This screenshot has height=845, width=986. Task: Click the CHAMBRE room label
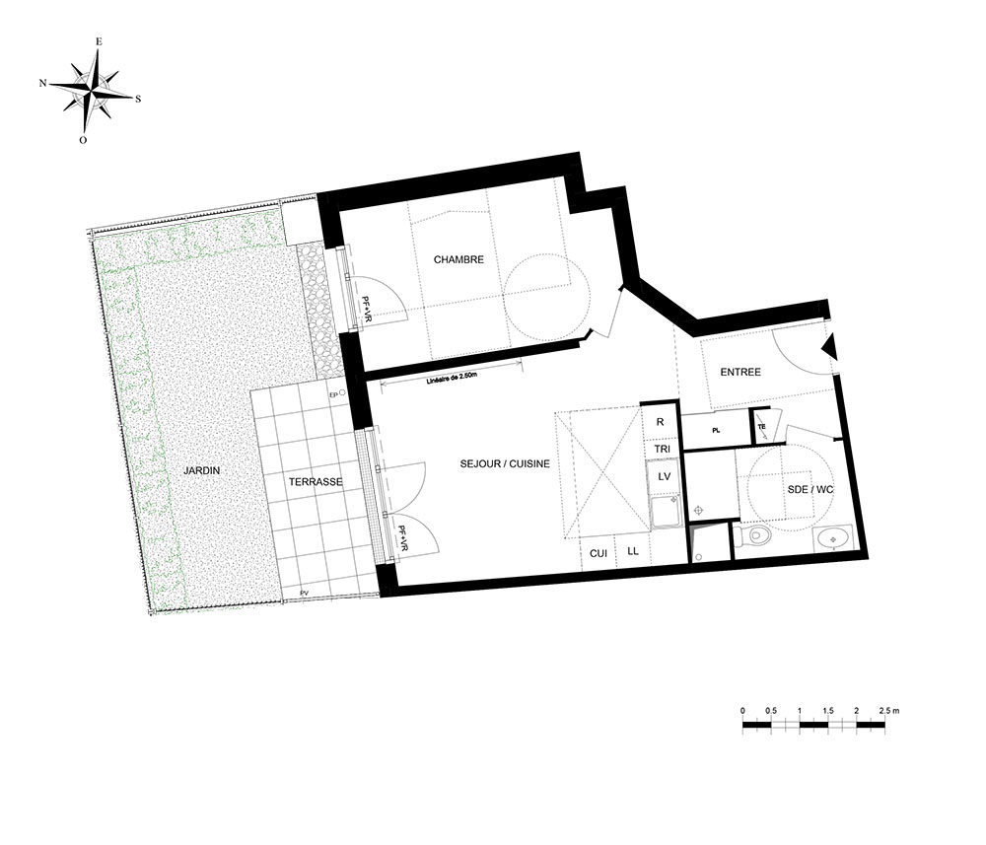click(458, 259)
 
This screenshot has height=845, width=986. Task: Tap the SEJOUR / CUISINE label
click(505, 464)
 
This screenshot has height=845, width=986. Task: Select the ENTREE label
click(740, 372)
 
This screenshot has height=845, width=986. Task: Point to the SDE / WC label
click(810, 489)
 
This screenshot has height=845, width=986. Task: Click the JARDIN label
click(201, 470)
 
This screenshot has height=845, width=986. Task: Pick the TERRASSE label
click(316, 482)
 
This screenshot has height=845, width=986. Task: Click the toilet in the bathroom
click(753, 536)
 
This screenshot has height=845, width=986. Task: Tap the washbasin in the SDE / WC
click(832, 539)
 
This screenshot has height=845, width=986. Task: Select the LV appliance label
click(664, 476)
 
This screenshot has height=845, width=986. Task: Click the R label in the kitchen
click(660, 422)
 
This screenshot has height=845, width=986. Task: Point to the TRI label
click(663, 449)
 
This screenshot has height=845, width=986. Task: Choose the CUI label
click(599, 553)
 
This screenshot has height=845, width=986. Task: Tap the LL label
click(633, 551)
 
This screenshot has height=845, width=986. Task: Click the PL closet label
click(716, 431)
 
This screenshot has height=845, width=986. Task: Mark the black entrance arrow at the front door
click(830, 347)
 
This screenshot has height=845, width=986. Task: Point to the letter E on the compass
click(98, 41)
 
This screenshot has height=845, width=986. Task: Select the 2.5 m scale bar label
click(888, 711)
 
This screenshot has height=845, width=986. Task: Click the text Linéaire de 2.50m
click(453, 379)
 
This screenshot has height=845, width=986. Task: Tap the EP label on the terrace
click(333, 394)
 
